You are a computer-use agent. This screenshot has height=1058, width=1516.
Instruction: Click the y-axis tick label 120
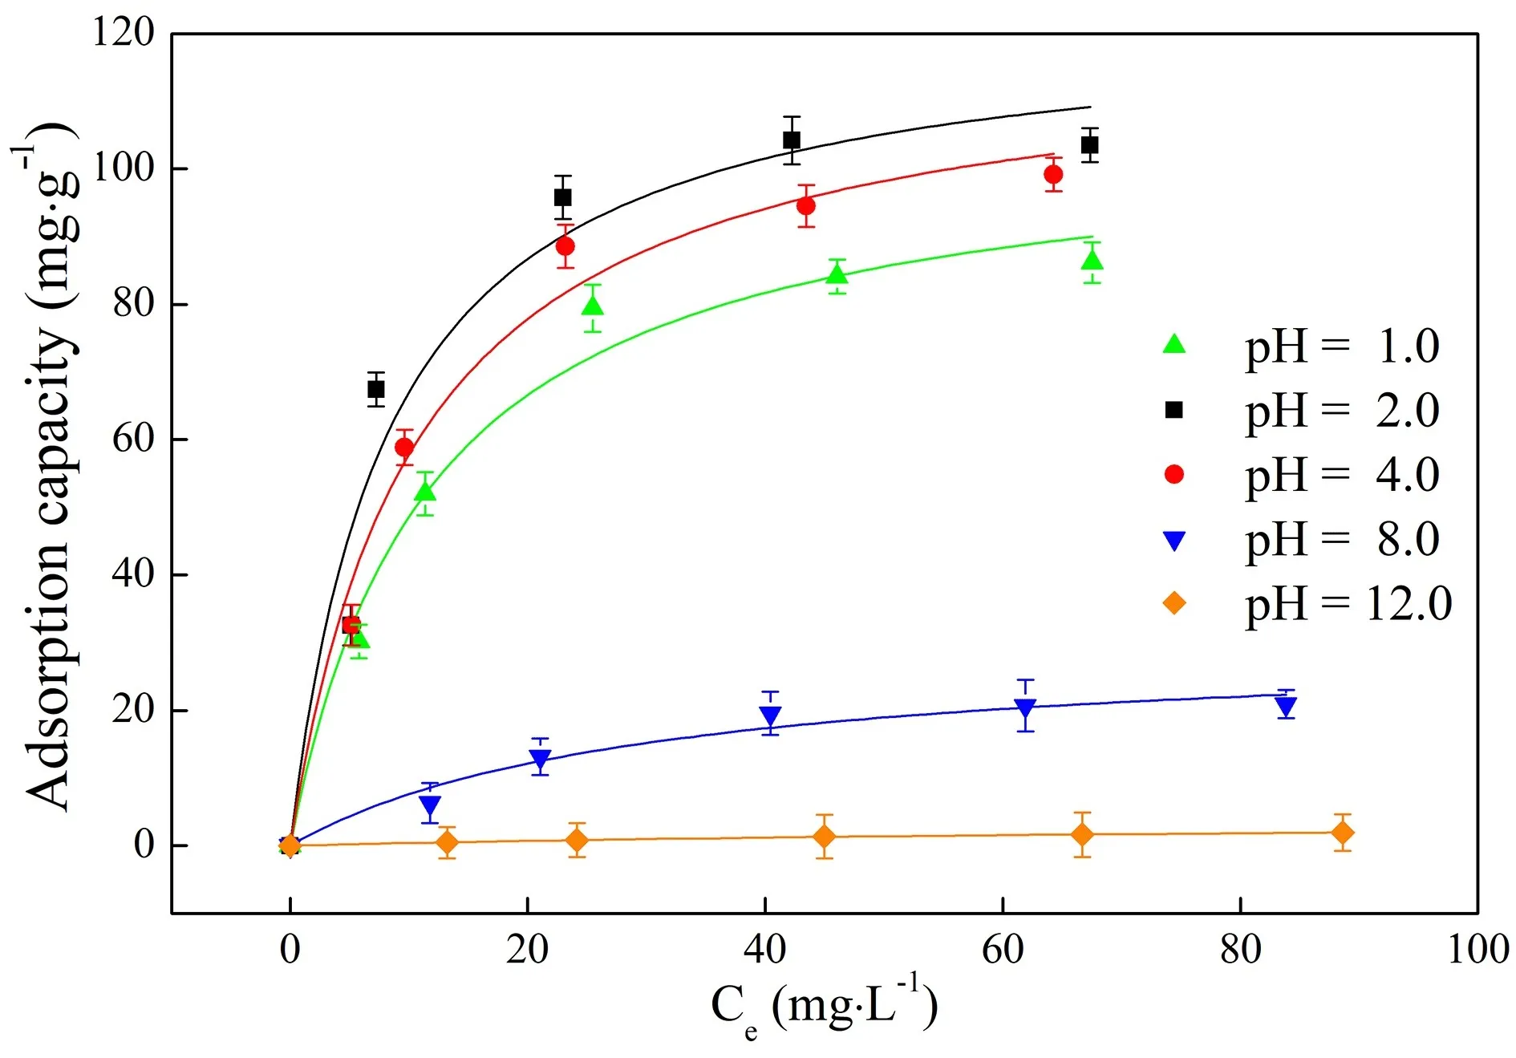123,34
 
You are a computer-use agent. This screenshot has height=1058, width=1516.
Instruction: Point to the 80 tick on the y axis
133,304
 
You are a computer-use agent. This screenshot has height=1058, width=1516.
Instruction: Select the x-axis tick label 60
1003,950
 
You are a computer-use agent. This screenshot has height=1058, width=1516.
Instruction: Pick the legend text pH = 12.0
1348,604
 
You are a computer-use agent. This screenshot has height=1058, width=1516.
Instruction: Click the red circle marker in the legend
1173,475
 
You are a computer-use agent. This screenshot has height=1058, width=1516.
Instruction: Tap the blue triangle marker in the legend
1173,541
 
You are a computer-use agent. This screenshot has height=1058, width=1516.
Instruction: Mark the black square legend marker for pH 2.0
1173,410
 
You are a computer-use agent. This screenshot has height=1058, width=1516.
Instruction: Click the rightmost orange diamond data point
1342,833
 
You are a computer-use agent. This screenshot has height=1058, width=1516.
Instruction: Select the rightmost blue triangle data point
1286,706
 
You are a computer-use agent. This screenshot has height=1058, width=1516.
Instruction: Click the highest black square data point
791,140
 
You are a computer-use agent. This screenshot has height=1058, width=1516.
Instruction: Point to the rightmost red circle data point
1053,174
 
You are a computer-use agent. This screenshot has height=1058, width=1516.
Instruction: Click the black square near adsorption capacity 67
375,390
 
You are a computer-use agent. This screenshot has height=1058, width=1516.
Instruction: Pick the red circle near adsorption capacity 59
404,447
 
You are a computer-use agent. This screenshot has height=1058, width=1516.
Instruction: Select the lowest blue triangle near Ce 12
430,805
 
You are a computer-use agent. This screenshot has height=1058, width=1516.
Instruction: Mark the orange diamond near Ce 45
824,837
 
